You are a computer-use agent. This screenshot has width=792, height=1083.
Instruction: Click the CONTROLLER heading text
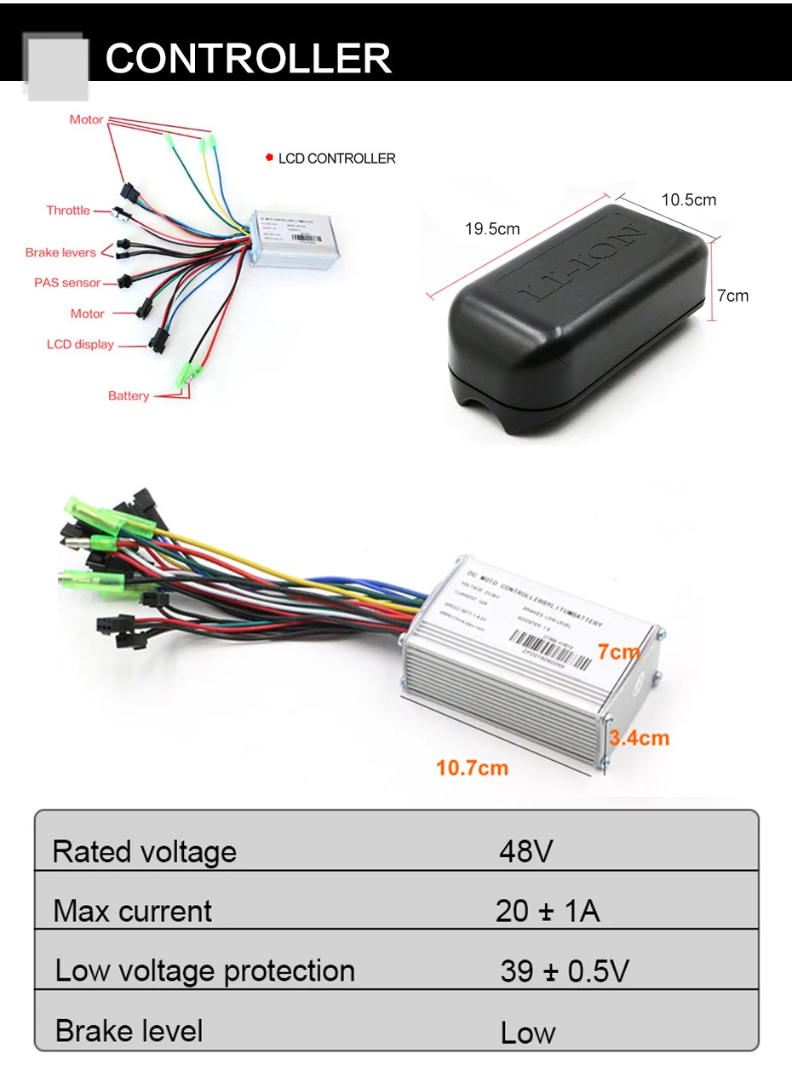pos(248,58)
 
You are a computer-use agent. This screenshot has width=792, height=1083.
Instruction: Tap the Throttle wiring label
pos(68,210)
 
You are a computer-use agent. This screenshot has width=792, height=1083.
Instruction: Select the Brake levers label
pos(60,252)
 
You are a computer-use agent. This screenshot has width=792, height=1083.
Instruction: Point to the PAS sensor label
pos(67,283)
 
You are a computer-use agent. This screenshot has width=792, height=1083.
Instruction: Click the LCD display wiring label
pos(80,345)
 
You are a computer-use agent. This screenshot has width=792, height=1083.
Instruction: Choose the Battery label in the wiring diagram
pos(129,395)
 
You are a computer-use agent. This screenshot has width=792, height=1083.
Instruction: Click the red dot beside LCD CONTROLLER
pos(269,158)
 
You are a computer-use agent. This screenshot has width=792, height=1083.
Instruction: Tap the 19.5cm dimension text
pos(492,228)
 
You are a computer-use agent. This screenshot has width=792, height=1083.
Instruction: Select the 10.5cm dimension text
pos(689,200)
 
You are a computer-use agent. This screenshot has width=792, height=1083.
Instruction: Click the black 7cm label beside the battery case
pos(732,296)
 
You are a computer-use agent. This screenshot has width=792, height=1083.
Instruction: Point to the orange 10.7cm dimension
pos(472,768)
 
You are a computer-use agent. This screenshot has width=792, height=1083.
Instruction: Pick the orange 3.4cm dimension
pos(639,738)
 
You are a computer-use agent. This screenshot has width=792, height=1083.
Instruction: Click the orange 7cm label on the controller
pos(618,652)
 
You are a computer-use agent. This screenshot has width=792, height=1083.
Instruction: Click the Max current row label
pos(132,911)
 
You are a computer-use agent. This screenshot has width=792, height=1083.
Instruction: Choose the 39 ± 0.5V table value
pos(564,971)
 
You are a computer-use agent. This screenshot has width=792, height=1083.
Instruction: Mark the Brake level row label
pos(129,1031)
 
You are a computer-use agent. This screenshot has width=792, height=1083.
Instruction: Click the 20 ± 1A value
pos(547,911)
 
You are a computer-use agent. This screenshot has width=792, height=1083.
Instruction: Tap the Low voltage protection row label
pos(204,971)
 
